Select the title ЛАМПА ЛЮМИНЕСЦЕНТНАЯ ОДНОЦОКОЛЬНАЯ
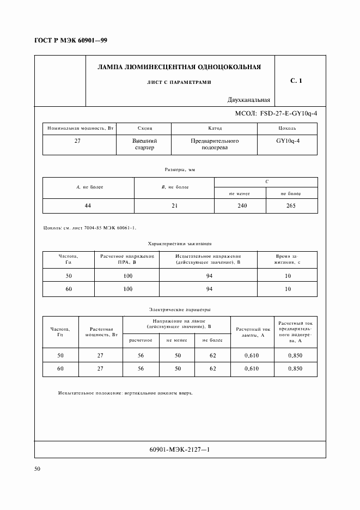point(179,68)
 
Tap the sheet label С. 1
point(296,81)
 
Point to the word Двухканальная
point(249,100)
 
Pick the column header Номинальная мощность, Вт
point(80,129)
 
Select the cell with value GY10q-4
point(288,141)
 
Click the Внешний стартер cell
point(144,144)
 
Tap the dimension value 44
point(89,206)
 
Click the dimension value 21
point(174,206)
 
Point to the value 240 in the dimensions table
point(240,206)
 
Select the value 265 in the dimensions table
point(291,206)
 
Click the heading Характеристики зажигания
point(180,244)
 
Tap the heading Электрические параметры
point(180,309)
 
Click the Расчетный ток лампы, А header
point(252,332)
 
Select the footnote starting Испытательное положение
point(125,393)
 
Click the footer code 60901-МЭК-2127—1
point(179,450)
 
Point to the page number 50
point(38,469)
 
